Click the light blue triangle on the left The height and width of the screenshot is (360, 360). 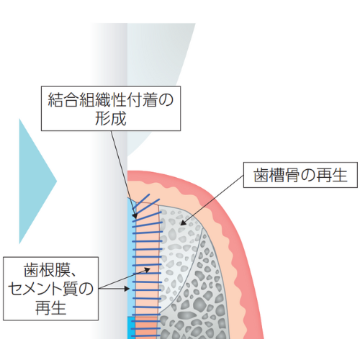[36, 181]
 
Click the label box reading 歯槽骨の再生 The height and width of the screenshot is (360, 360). [300, 175]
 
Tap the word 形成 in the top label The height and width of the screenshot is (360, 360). [111, 118]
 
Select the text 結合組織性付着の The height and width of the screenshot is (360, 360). [111, 99]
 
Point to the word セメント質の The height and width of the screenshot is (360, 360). [50, 289]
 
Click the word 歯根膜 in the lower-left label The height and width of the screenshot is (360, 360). [42, 270]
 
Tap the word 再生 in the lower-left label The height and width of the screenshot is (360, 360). [50, 307]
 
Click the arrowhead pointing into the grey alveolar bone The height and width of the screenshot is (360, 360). [183, 222]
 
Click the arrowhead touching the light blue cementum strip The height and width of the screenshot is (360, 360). [127, 288]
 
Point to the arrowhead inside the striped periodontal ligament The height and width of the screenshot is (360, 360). [147, 270]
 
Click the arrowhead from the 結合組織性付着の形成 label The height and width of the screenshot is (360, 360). [135, 215]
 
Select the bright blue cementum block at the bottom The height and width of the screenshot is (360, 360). [131, 328]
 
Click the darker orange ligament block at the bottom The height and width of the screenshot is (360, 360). [146, 328]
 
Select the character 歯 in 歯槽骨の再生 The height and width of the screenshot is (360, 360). [261, 175]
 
